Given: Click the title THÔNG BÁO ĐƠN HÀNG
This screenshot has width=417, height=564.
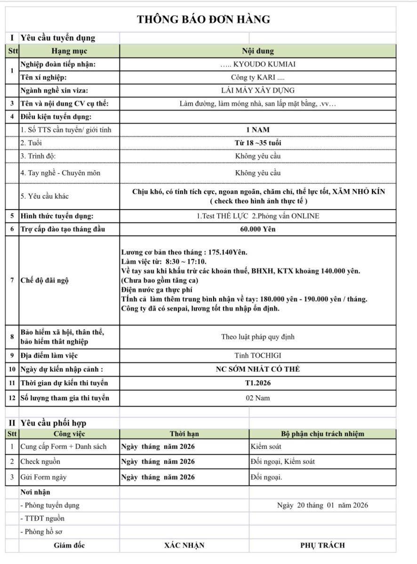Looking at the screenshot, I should click(203, 19).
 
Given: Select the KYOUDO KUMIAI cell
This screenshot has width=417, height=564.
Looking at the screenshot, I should click(257, 65).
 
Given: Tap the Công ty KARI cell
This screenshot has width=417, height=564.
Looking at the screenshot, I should click(257, 78).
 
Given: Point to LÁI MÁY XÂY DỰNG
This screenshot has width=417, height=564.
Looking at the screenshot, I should click(257, 91).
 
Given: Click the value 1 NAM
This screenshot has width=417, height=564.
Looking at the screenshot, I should click(257, 130).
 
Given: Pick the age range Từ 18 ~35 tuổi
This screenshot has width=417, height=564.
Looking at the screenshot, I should click(257, 143).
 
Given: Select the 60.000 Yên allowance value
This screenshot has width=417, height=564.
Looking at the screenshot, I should click(257, 229).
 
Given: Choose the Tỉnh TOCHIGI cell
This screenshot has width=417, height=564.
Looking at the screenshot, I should click(257, 356).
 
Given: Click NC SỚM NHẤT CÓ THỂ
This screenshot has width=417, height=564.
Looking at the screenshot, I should click(257, 369).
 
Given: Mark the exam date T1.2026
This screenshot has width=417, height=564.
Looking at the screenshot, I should click(257, 383).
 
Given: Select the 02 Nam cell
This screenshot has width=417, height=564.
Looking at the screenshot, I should click(257, 398).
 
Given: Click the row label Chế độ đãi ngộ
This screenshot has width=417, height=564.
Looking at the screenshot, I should click(45, 281).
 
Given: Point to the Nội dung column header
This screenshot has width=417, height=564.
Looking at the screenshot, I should click(257, 51).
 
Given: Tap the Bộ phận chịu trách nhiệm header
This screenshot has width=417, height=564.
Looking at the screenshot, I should click(322, 434).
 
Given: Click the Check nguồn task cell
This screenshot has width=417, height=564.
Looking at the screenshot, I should click(40, 462).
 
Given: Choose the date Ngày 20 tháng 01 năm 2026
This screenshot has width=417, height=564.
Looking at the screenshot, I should click(322, 506).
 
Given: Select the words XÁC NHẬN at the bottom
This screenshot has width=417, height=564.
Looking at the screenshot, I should click(184, 546).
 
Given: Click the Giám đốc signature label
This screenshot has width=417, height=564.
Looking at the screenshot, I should click(69, 546).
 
